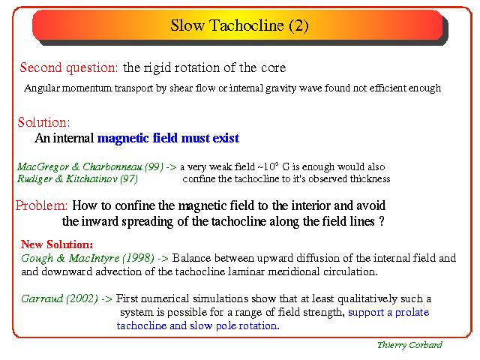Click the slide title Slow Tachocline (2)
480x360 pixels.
239,25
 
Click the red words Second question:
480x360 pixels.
68,67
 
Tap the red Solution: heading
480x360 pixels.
43,122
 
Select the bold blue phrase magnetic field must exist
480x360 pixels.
168,138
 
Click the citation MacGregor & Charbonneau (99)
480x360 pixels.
90,166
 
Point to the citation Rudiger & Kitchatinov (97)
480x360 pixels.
77,178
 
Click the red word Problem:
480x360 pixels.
41,205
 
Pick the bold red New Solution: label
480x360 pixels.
57,244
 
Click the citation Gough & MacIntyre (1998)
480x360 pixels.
88,258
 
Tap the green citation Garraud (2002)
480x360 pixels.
59,298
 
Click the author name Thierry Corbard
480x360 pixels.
409,345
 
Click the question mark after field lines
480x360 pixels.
382,221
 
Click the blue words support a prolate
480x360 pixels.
388,312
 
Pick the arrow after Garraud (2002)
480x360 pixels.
106,298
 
